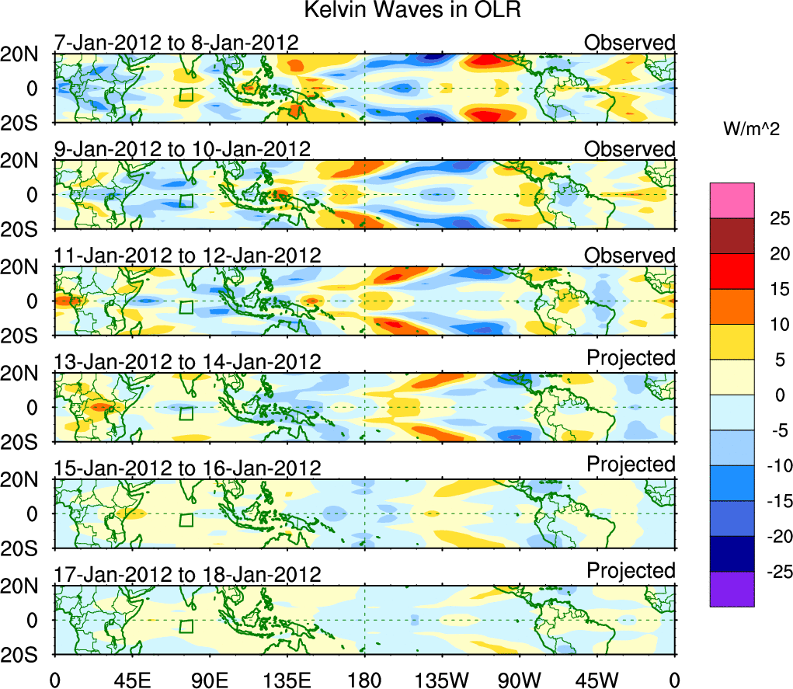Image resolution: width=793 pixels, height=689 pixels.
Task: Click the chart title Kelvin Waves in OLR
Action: [x=397, y=11]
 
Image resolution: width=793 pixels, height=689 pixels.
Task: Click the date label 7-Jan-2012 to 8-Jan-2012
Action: [x=176, y=42]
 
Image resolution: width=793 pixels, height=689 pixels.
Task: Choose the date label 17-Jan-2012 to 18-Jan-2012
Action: [x=187, y=575]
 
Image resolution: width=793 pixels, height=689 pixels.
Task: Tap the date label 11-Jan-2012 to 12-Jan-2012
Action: [x=187, y=256]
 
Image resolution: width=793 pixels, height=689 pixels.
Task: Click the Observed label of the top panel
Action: [x=630, y=42]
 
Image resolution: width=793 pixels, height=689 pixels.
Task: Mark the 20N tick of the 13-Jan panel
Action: [x=27, y=374]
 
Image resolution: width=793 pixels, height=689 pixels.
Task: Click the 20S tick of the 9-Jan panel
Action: [x=27, y=229]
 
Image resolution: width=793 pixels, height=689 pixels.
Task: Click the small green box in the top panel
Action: [x=186, y=95]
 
